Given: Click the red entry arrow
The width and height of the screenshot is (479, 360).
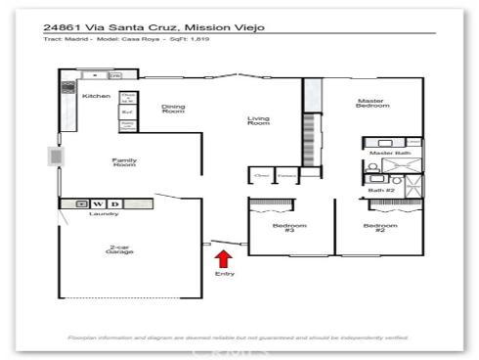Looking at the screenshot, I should point(224,259).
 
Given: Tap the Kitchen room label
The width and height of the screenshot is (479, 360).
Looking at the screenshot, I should point(96,96).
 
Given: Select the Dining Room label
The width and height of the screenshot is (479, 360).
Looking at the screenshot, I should point(172,110).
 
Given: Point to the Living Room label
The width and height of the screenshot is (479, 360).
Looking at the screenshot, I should point(258,120).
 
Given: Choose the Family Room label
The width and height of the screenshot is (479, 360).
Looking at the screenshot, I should point(123,162).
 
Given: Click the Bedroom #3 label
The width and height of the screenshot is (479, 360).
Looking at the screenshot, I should point(289,228).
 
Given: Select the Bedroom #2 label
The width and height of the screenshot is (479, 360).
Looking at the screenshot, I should point(379,228).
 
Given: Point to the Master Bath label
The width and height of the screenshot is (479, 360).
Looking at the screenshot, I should point(383,153).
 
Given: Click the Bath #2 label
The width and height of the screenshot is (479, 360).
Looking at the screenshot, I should point(381,189).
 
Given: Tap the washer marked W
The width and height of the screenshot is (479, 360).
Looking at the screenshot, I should point(98,203).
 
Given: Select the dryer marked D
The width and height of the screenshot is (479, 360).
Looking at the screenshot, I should point(114,203).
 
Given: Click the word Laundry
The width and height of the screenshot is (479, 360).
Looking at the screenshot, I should point(104,213).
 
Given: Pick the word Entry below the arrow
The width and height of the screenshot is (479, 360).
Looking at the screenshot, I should point(224,275).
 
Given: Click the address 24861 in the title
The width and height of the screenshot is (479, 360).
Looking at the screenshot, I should point(65,28).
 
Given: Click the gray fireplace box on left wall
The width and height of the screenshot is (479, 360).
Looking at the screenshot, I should point(54,157).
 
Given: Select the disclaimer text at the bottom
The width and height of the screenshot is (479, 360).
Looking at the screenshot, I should point(239,337).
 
